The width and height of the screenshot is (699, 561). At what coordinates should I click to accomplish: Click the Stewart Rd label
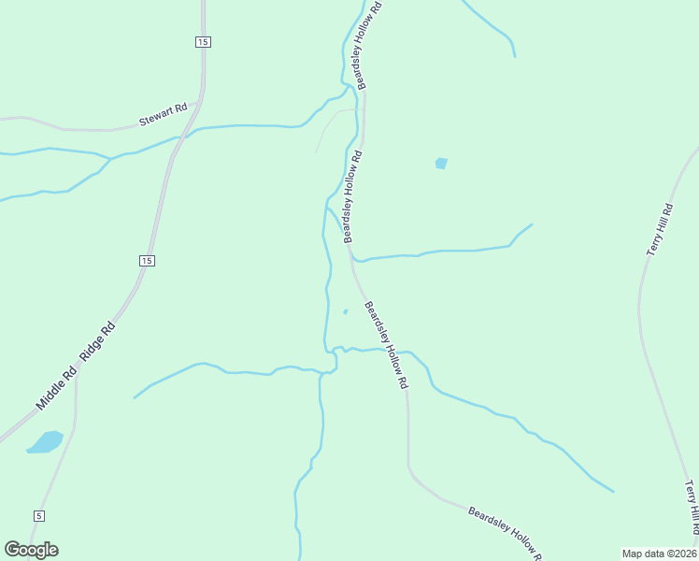(x=164, y=115)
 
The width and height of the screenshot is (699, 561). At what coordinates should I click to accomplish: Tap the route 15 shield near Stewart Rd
(x=203, y=41)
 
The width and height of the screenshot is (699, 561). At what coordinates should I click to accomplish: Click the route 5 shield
(x=38, y=516)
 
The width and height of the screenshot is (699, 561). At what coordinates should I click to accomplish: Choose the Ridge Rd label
(x=97, y=341)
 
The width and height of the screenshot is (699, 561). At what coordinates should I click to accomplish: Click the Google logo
(x=31, y=550)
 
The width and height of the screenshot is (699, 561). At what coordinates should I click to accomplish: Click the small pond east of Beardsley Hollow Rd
(x=441, y=164)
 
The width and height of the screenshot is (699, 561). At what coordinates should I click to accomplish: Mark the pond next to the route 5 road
(x=45, y=441)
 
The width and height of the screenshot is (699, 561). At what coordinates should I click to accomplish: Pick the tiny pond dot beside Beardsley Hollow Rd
(x=346, y=311)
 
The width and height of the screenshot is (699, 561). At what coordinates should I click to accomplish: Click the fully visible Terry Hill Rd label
(x=660, y=230)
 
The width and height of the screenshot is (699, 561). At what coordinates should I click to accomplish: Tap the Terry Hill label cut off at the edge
(x=691, y=510)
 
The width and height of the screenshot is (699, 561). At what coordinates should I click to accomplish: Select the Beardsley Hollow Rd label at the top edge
(x=364, y=45)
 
